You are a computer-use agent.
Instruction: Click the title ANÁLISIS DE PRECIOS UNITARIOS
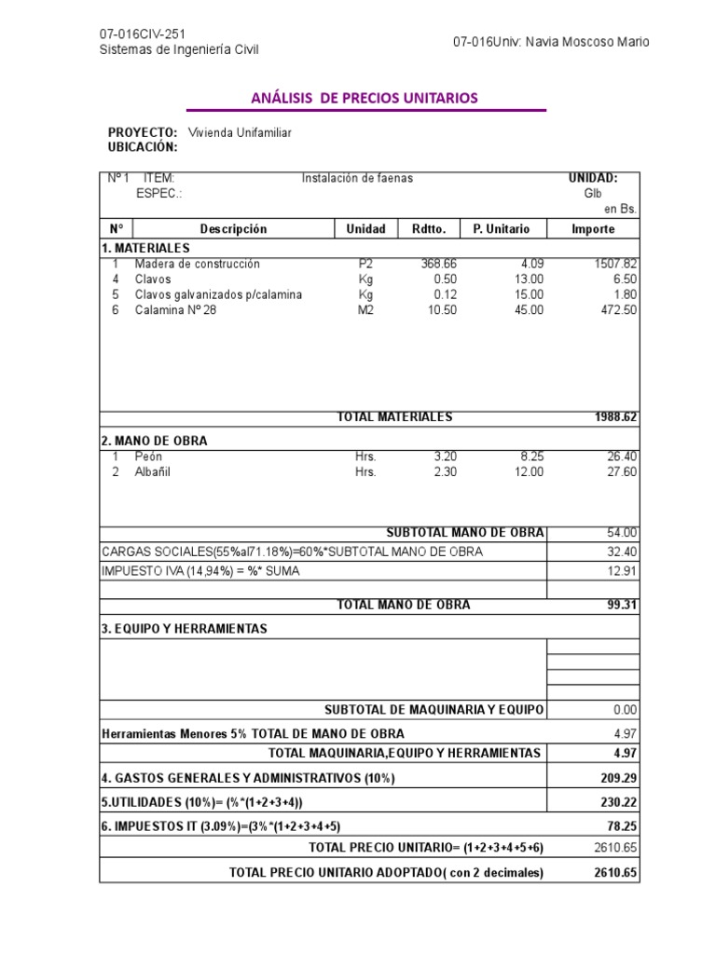[365, 98]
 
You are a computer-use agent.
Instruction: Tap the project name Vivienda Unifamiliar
[240, 132]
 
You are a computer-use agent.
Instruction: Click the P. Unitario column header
[501, 229]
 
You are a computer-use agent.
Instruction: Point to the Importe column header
[593, 229]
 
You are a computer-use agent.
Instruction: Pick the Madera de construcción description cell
[198, 264]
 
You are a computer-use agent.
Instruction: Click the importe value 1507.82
[615, 264]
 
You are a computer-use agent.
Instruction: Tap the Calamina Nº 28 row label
[175, 310]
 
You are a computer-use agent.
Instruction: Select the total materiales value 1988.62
[615, 417]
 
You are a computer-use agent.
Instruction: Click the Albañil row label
[153, 472]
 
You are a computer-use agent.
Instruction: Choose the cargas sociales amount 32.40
[622, 552]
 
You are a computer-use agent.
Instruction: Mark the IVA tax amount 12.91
[622, 570]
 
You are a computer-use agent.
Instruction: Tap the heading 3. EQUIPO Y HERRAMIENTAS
[184, 629]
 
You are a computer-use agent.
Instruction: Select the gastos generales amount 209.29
[618, 777]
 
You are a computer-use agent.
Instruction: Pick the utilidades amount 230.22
[618, 801]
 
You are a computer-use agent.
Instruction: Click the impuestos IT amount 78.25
[622, 825]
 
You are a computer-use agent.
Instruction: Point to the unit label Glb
[594, 194]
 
